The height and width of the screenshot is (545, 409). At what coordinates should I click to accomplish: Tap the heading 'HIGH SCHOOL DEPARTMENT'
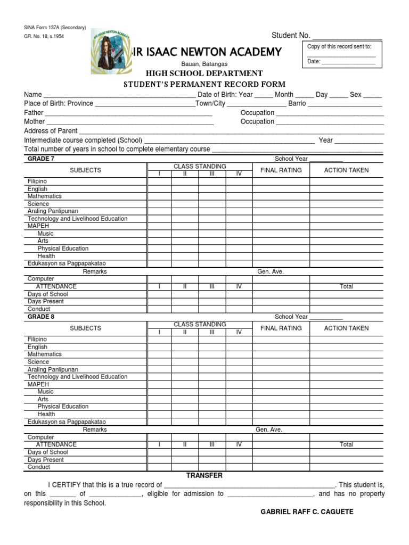(204, 73)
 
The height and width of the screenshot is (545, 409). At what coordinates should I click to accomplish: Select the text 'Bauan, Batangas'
(204, 64)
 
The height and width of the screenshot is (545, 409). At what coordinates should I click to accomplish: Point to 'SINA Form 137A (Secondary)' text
(55, 28)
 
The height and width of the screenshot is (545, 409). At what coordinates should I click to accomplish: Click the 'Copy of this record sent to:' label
(339, 46)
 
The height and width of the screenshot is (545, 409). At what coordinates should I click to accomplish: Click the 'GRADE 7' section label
(41, 159)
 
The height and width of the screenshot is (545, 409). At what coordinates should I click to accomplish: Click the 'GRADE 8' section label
(41, 317)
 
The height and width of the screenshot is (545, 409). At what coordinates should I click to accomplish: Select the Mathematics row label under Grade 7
(45, 196)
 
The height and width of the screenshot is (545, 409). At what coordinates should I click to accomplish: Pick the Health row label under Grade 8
(46, 414)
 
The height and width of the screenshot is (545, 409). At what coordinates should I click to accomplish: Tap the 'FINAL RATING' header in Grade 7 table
(281, 170)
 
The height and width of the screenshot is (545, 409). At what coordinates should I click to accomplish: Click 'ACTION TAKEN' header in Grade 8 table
(346, 328)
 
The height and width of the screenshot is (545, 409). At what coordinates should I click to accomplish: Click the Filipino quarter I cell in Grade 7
(159, 181)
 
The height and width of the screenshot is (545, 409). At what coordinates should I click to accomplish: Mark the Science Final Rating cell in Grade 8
(281, 362)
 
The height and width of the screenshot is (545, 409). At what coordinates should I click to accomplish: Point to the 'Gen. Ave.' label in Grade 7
(271, 271)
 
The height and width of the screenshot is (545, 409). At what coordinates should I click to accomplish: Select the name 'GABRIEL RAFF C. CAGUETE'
(307, 512)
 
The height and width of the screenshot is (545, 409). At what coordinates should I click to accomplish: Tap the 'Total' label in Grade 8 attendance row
(346, 444)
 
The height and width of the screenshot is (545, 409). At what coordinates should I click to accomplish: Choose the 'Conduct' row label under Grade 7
(39, 309)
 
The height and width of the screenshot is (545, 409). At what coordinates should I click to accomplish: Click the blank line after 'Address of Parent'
(232, 131)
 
